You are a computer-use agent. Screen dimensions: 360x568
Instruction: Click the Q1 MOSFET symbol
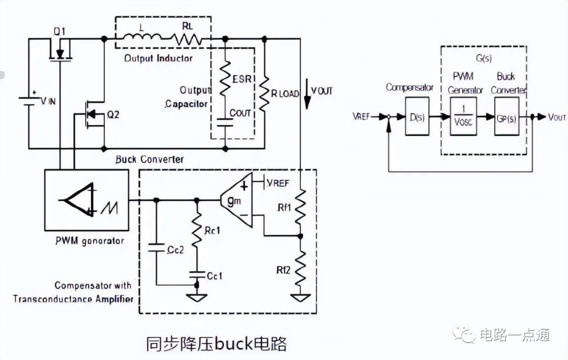[60, 50]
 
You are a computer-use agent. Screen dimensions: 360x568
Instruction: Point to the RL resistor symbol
[186, 38]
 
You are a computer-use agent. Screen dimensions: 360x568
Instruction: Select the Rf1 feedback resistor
[300, 206]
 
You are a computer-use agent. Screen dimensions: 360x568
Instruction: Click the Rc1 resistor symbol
[197, 233]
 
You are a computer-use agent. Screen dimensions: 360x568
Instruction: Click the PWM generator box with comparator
[87, 200]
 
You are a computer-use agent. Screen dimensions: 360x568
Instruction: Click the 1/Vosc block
[461, 117]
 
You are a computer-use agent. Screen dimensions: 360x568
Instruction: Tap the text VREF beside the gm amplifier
[278, 183]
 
